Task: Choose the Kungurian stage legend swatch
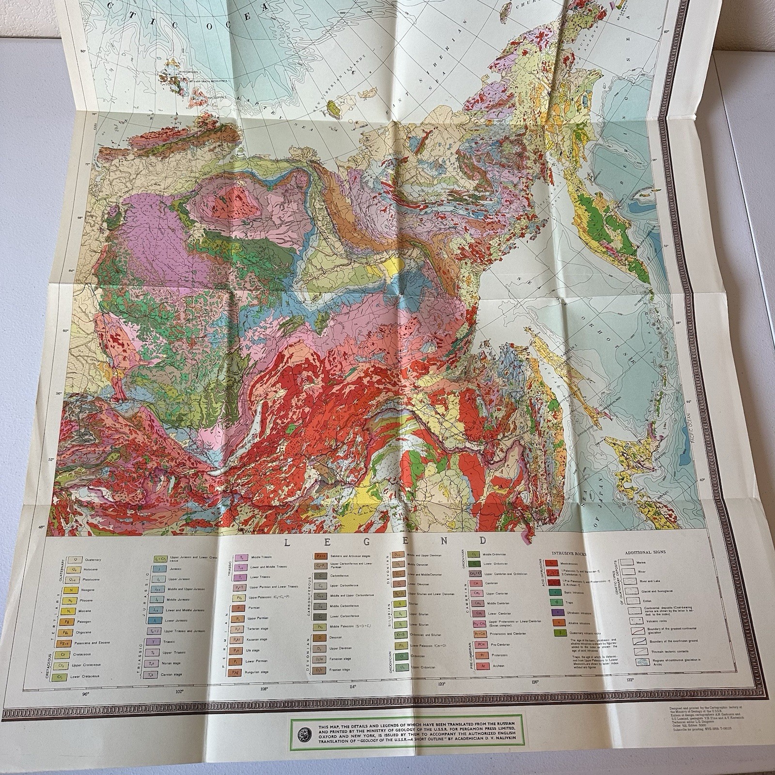pos(237,673)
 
